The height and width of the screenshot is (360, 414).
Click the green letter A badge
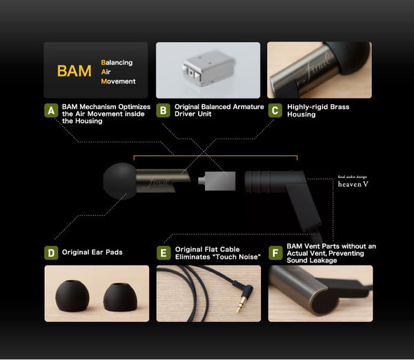pos(51,110)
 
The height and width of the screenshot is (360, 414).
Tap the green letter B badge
pos(163,110)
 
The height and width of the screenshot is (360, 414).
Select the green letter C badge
pos(275,110)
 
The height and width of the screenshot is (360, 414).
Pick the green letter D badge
pos(51,253)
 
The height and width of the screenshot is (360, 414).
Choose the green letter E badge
pos(164,253)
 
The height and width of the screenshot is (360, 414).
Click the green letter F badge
pos(275,253)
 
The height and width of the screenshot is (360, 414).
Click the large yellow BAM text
pos(75,71)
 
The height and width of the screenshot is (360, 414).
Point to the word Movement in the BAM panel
pos(118,81)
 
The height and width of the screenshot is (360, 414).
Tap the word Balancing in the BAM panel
pos(117,63)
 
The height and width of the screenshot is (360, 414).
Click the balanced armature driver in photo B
pos(208,69)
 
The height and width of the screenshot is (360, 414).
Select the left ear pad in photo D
pos(72,296)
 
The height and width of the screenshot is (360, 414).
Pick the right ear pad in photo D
pos(120,297)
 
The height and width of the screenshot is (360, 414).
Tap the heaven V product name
pos(353,184)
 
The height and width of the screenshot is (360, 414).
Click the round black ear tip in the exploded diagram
pos(119,181)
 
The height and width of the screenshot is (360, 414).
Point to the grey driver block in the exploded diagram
pos(217,181)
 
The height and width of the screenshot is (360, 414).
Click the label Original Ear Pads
pos(92,252)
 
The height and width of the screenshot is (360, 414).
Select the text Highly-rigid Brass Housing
pos(318,110)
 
